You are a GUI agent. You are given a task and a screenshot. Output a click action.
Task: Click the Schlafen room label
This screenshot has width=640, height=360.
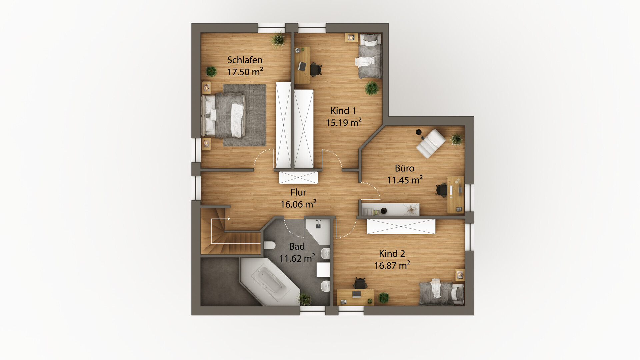[x=245, y=60]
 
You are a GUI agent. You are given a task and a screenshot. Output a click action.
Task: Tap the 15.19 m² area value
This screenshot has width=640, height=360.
[x=344, y=122]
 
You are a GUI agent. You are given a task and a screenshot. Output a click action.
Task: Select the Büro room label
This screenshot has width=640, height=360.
[x=404, y=168]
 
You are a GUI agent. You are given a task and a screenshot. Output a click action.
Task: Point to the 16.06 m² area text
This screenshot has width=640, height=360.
[x=298, y=204]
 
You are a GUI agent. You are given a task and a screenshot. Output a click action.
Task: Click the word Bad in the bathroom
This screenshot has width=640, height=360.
[x=297, y=246]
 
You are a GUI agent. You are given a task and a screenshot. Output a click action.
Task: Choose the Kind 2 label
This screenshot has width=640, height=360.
[x=392, y=254]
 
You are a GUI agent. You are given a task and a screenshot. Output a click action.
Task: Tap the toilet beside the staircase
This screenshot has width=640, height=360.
[x=269, y=245]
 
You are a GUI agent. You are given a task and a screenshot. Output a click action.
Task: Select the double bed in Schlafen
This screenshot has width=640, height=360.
[x=223, y=115]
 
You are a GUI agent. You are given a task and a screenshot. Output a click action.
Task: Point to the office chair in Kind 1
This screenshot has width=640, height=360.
[x=316, y=69]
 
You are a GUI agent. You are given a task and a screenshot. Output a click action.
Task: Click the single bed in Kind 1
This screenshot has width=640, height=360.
[x=370, y=56]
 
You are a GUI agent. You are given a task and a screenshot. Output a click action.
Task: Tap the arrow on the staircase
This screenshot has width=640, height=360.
[x=220, y=219]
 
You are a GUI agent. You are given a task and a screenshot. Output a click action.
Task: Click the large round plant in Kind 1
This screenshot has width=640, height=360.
[x=372, y=88]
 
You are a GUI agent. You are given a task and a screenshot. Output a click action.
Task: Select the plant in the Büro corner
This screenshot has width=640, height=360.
[x=456, y=139]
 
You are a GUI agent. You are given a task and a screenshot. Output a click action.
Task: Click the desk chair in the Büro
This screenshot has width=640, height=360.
[x=442, y=190]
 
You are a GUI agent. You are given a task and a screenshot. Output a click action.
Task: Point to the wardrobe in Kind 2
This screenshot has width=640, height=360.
[x=401, y=226]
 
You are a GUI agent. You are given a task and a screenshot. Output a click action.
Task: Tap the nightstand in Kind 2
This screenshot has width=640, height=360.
[x=460, y=275]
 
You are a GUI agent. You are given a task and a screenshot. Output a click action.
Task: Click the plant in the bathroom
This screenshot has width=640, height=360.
[x=305, y=299]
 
